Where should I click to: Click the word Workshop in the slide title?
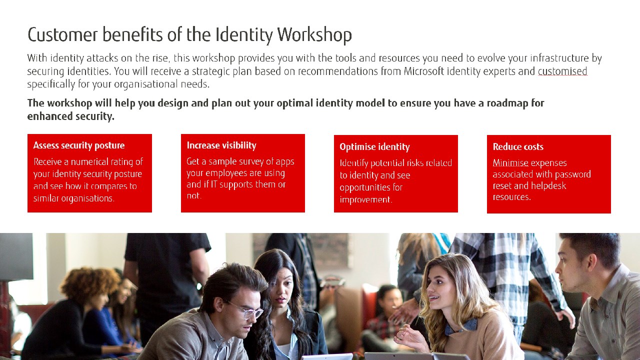coord(314,35)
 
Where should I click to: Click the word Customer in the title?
coord(62,35)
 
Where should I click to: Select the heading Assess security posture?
coord(79,145)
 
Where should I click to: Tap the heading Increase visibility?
coord(221,145)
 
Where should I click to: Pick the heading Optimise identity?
coord(374,147)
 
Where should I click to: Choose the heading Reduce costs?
coord(518,146)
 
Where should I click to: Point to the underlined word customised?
coord(562,71)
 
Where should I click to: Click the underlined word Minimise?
coord(510,163)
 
